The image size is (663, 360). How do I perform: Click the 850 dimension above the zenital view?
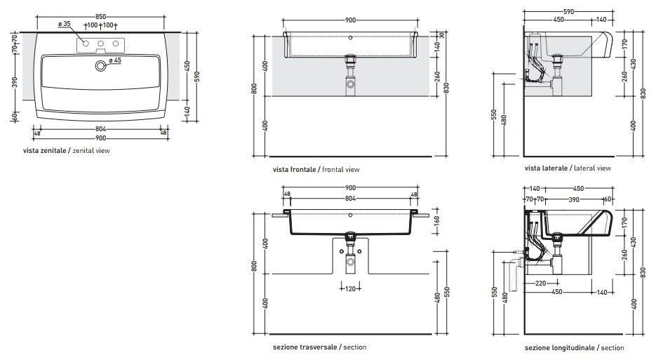pyautogui.click(x=100, y=17)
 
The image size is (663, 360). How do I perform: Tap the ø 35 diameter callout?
pyautogui.click(x=65, y=24)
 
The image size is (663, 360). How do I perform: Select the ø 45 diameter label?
pyautogui.click(x=115, y=60)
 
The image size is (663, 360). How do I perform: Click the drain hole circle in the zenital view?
pyautogui.click(x=100, y=65)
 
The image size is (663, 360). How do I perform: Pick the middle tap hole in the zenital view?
pyautogui.click(x=100, y=44)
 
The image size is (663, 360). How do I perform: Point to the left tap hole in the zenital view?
pyautogui.click(x=86, y=44)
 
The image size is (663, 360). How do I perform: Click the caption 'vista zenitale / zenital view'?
pyautogui.click(x=67, y=151)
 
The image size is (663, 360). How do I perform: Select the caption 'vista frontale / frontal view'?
pyautogui.click(x=316, y=170)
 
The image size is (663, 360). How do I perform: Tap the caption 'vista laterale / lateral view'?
pyautogui.click(x=568, y=168)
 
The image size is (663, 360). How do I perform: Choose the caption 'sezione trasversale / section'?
pyautogui.click(x=320, y=347)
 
